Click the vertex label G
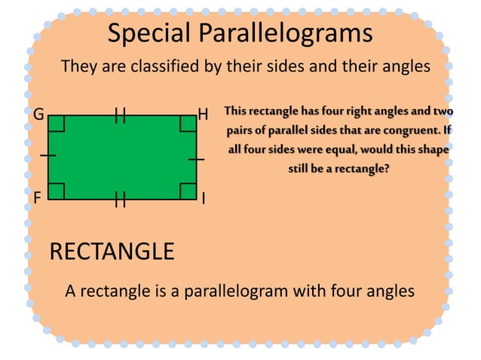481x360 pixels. tap(38, 116)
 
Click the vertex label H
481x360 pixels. tap(202, 116)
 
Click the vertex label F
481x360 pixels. tap(36, 198)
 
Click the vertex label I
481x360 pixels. tap(203, 199)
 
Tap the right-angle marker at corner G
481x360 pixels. tap(57, 124)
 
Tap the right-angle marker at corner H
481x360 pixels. tap(188, 124)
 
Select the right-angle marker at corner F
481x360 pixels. tap(57, 191)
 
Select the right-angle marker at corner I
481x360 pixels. tap(188, 191)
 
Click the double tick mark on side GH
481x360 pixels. tap(120, 115)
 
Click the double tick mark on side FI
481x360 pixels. tap(120, 199)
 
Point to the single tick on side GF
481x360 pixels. tap(47, 155)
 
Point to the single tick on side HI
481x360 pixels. tap(196, 159)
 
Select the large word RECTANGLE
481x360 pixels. tap(112, 251)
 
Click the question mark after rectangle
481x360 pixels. tap(387, 169)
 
